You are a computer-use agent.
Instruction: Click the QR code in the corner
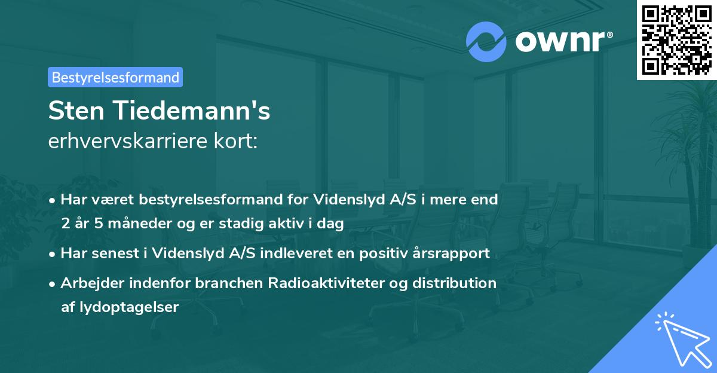[676, 39]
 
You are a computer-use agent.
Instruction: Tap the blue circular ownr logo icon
[486, 41]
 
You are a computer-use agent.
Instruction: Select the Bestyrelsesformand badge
[115, 77]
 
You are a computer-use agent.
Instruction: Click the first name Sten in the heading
[75, 111]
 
